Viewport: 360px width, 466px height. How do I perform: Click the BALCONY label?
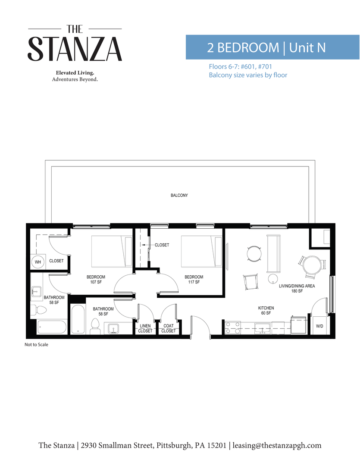179,195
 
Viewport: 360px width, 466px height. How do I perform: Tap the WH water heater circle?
38,262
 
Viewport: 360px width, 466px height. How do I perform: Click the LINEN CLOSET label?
145,328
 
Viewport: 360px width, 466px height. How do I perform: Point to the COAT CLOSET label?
169,328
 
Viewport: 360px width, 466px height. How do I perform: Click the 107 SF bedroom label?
96,280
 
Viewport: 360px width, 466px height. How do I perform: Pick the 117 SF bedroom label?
194,280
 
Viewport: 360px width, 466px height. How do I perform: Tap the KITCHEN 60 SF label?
266,310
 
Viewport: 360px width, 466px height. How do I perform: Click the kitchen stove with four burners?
233,327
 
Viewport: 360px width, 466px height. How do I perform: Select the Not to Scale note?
36,345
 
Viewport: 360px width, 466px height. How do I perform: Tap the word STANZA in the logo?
75,49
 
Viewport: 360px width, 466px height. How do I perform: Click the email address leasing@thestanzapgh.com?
277,445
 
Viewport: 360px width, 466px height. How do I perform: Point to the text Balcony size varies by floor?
248,75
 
